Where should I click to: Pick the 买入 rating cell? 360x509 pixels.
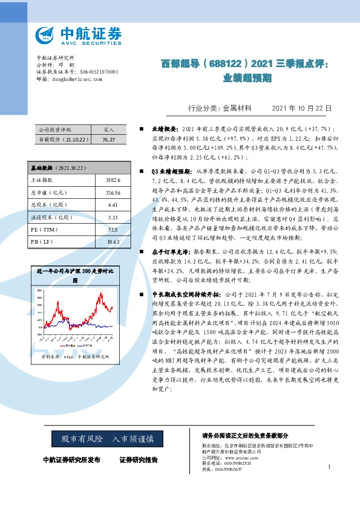pyautogui.click(x=109, y=129)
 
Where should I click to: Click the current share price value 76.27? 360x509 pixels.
pyautogui.click(x=109, y=139)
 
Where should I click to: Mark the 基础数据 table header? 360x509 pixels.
pyautogui.click(x=52, y=166)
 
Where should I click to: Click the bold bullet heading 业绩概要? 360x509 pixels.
pyautogui.click(x=163, y=129)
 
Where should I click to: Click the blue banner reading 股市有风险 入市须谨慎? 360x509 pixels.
pyautogui.click(x=107, y=437)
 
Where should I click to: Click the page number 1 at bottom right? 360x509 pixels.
pyautogui.click(x=329, y=467)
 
